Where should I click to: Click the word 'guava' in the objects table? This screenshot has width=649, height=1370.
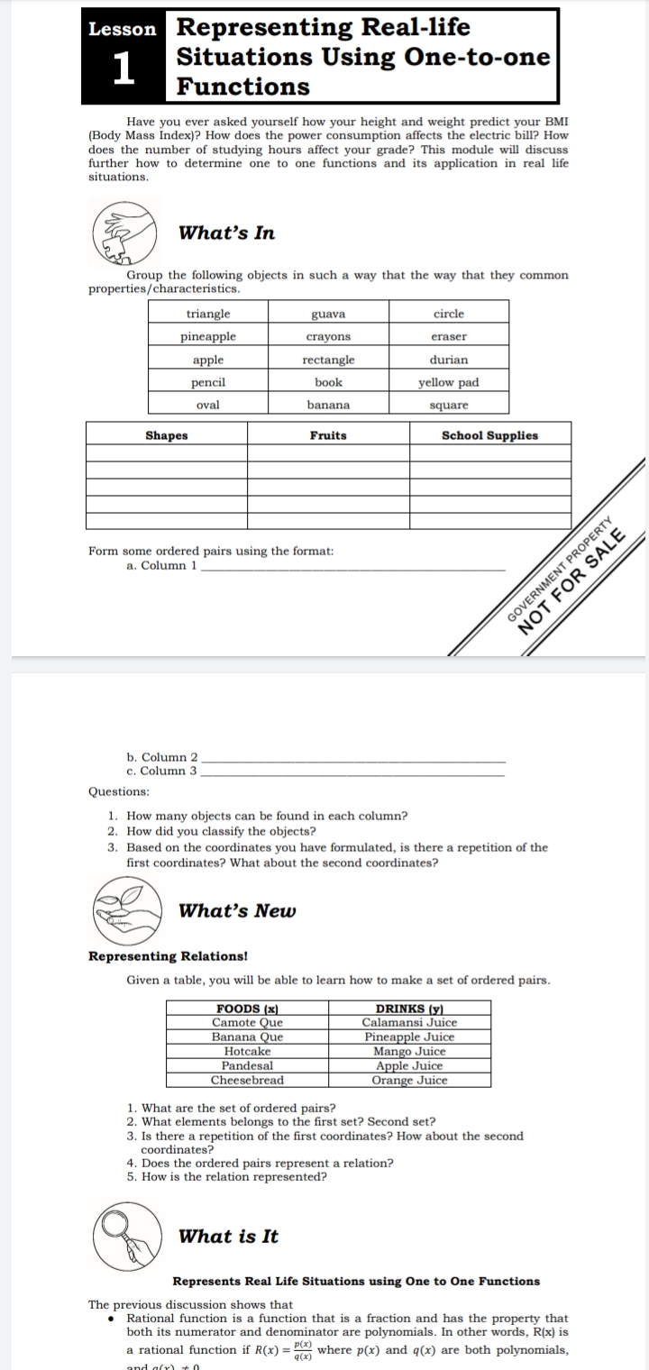pyautogui.click(x=328, y=314)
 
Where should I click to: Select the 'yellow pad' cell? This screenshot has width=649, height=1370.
pyautogui.click(x=448, y=382)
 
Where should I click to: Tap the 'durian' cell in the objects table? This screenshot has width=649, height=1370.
pyautogui.click(x=448, y=360)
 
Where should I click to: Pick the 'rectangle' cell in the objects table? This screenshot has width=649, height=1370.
pyautogui.click(x=328, y=360)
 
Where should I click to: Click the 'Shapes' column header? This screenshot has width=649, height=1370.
pyautogui.click(x=167, y=435)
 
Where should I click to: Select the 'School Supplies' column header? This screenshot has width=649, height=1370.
pyautogui.click(x=489, y=435)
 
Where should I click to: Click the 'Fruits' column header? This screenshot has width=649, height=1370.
pyautogui.click(x=328, y=435)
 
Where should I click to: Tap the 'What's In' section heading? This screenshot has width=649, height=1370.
pyautogui.click(x=227, y=233)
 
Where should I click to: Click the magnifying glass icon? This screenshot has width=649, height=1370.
pyautogui.click(x=127, y=1236)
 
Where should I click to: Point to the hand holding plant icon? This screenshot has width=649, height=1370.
pyautogui.click(x=127, y=909)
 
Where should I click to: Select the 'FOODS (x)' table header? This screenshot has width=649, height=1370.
pyautogui.click(x=247, y=1009)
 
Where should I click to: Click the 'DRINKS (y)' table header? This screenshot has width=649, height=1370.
pyautogui.click(x=409, y=1009)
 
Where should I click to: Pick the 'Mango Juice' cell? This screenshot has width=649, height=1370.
pyautogui.click(x=409, y=1051)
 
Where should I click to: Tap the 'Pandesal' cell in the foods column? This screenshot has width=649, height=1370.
pyautogui.click(x=247, y=1065)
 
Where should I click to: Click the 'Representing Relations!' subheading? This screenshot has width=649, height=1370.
pyautogui.click(x=168, y=955)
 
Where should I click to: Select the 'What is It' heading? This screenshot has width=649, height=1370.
pyautogui.click(x=229, y=1237)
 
